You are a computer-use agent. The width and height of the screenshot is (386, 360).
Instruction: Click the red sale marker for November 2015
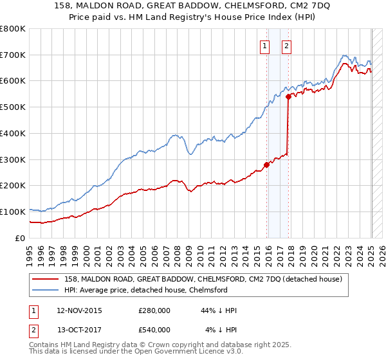[x=266, y=165]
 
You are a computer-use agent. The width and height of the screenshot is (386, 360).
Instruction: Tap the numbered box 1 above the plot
[x=264, y=46]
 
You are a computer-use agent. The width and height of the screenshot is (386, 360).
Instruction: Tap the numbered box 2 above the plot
[x=286, y=46]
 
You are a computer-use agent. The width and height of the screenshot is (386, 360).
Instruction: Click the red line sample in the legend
[x=46, y=279]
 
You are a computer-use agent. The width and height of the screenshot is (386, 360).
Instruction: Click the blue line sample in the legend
[x=46, y=290]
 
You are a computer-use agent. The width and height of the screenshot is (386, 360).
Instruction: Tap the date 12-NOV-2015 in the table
[x=80, y=311]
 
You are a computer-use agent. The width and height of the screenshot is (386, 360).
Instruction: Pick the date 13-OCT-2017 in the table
[x=80, y=330]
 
